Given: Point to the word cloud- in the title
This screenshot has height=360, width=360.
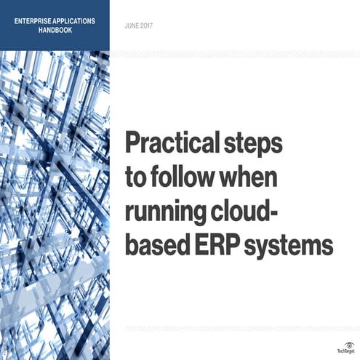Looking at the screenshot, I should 251,212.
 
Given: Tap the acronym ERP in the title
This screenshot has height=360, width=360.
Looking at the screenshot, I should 216,245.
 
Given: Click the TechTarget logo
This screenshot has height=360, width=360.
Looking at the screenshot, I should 347,351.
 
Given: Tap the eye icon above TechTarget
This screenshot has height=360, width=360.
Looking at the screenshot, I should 347,343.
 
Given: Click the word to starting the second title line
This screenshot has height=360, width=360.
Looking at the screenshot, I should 136,178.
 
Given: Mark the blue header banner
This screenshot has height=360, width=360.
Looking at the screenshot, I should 55,25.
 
